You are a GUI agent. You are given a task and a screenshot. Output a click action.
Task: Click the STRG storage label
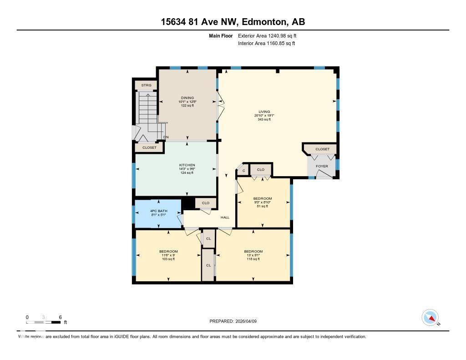(x=146, y=85)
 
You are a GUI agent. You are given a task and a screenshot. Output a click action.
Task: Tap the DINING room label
(x=187, y=98)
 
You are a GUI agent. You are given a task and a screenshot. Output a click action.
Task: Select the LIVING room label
(x=264, y=112)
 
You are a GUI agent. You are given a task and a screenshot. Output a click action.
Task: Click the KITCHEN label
(x=187, y=165)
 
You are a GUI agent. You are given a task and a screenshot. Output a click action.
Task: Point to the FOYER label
(x=322, y=166)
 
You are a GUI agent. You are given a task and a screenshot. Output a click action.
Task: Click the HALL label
(x=225, y=218)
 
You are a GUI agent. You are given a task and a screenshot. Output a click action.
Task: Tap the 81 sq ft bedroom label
(x=262, y=199)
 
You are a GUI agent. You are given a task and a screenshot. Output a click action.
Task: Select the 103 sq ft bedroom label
(x=168, y=252)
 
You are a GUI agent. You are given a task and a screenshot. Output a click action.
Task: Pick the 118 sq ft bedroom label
(x=253, y=252)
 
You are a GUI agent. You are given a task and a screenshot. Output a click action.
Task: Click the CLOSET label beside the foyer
(x=322, y=149)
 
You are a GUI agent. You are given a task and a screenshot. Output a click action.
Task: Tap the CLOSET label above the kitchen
(x=149, y=147)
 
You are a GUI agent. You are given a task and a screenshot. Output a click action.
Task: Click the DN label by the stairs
(x=166, y=137)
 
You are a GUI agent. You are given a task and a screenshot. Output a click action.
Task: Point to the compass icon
(x=430, y=318)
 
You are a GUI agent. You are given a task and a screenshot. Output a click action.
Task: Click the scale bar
(x=44, y=322)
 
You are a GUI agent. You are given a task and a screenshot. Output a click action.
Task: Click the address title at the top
(x=233, y=22)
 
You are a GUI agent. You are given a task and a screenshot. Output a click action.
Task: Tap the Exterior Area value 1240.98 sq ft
(x=267, y=35)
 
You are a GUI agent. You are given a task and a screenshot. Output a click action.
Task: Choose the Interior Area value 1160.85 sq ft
(x=266, y=44)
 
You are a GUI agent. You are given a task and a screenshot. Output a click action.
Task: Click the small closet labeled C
(x=243, y=170)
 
